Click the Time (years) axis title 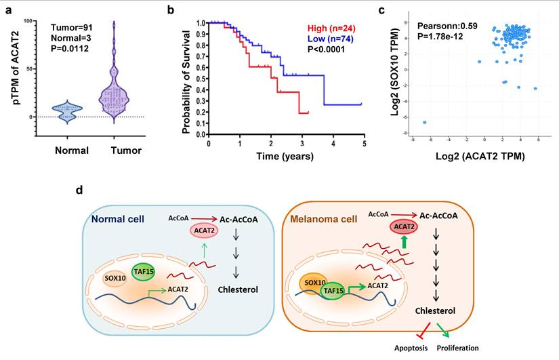[x=284, y=156]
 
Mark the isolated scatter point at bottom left [x=425, y=123]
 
